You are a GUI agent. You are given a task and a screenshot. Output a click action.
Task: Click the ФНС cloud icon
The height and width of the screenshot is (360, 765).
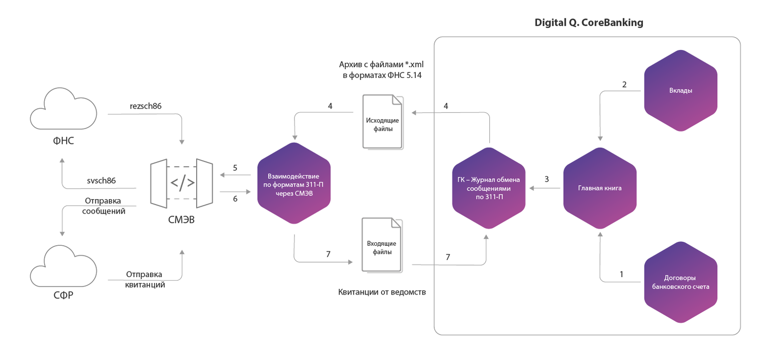[63, 110]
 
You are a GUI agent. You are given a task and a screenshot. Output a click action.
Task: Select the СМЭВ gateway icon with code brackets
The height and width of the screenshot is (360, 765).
[182, 182]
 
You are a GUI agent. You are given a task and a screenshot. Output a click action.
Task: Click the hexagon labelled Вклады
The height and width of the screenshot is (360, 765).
[681, 91]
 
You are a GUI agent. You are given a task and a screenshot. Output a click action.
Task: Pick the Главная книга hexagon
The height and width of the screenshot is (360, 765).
[600, 188]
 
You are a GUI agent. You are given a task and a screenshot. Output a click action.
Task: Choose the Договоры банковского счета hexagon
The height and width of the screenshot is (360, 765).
[681, 282]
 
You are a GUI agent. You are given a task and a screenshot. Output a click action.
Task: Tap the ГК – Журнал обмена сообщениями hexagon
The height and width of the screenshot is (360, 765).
[489, 188]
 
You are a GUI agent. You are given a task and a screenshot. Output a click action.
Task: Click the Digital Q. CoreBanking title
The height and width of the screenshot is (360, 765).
[589, 23]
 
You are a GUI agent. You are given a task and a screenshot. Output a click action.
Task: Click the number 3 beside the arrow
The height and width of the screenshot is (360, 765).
[546, 179]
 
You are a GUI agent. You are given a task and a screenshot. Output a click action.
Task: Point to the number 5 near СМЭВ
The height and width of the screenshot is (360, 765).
[235, 168]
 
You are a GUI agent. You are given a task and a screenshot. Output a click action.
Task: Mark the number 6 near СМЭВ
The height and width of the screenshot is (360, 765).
[235, 199]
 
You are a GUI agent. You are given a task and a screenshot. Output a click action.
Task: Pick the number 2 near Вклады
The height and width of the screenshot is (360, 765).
[624, 84]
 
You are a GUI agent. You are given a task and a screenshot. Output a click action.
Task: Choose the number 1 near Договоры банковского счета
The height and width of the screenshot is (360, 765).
[621, 274]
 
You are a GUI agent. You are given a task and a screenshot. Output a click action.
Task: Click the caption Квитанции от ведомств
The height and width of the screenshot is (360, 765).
[382, 292]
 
